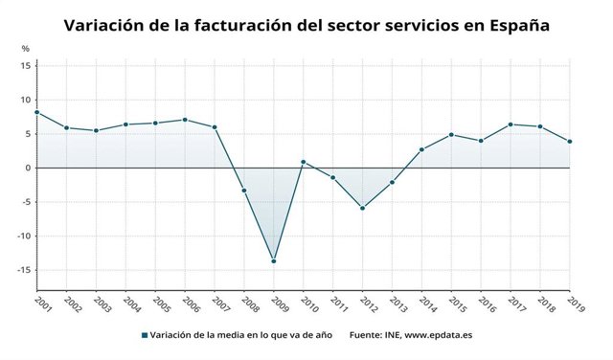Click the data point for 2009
click(x=274, y=260)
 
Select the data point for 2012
click(x=362, y=208)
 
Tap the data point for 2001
click(x=36, y=112)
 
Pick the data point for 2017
click(x=511, y=124)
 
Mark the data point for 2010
click(x=303, y=162)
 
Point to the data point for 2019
click(x=570, y=142)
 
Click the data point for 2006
click(x=185, y=120)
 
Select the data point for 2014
click(x=421, y=149)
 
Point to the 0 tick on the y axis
click(x=29, y=168)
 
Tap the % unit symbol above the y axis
click(x=26, y=48)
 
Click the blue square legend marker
click(x=144, y=335)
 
